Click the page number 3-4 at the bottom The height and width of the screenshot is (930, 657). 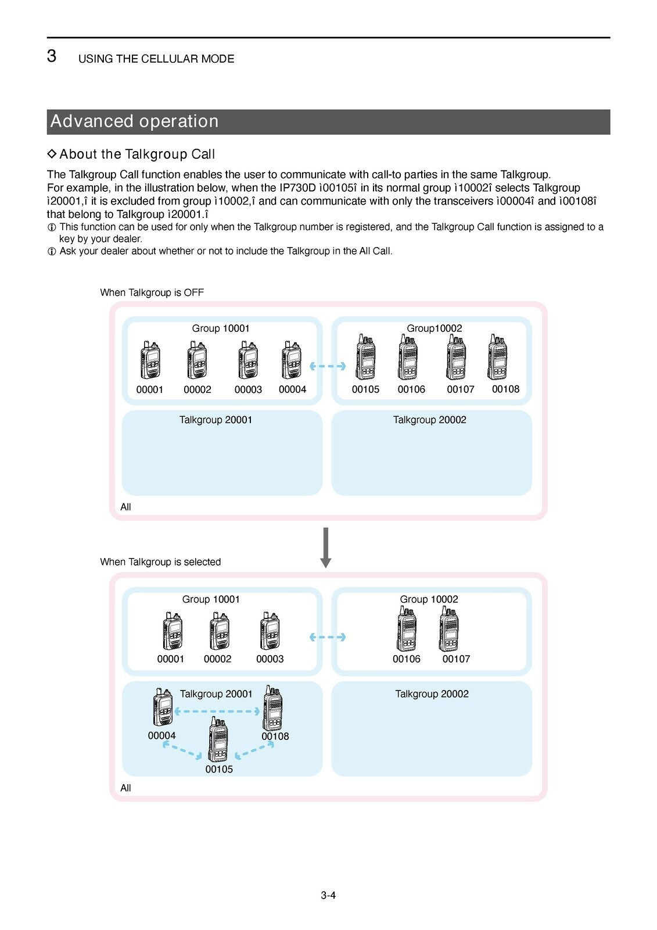coord(328,895)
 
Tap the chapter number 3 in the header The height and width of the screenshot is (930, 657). coord(52,56)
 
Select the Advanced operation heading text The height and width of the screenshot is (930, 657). coord(134,121)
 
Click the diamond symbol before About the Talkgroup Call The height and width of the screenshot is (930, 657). coord(52,154)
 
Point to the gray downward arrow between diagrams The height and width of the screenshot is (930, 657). coord(326,547)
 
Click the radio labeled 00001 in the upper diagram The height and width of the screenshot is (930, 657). coord(150,360)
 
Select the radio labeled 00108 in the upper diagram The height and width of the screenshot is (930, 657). coord(498,357)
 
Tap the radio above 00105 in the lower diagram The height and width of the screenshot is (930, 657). coord(218,739)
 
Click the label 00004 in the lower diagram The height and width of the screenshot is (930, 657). coord(161,735)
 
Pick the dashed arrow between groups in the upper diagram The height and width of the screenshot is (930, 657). coord(328,366)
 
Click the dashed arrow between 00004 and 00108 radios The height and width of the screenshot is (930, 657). coord(217,711)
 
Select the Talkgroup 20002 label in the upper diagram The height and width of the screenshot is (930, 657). coord(430,420)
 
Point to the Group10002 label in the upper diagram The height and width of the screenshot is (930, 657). coord(435,328)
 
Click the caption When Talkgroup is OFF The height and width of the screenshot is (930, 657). coord(152,292)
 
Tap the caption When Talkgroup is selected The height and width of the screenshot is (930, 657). coord(160,561)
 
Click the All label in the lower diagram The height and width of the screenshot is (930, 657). coord(125,788)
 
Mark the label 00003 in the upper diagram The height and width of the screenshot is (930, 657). coord(248,389)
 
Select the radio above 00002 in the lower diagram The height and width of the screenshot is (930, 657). coord(219,631)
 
